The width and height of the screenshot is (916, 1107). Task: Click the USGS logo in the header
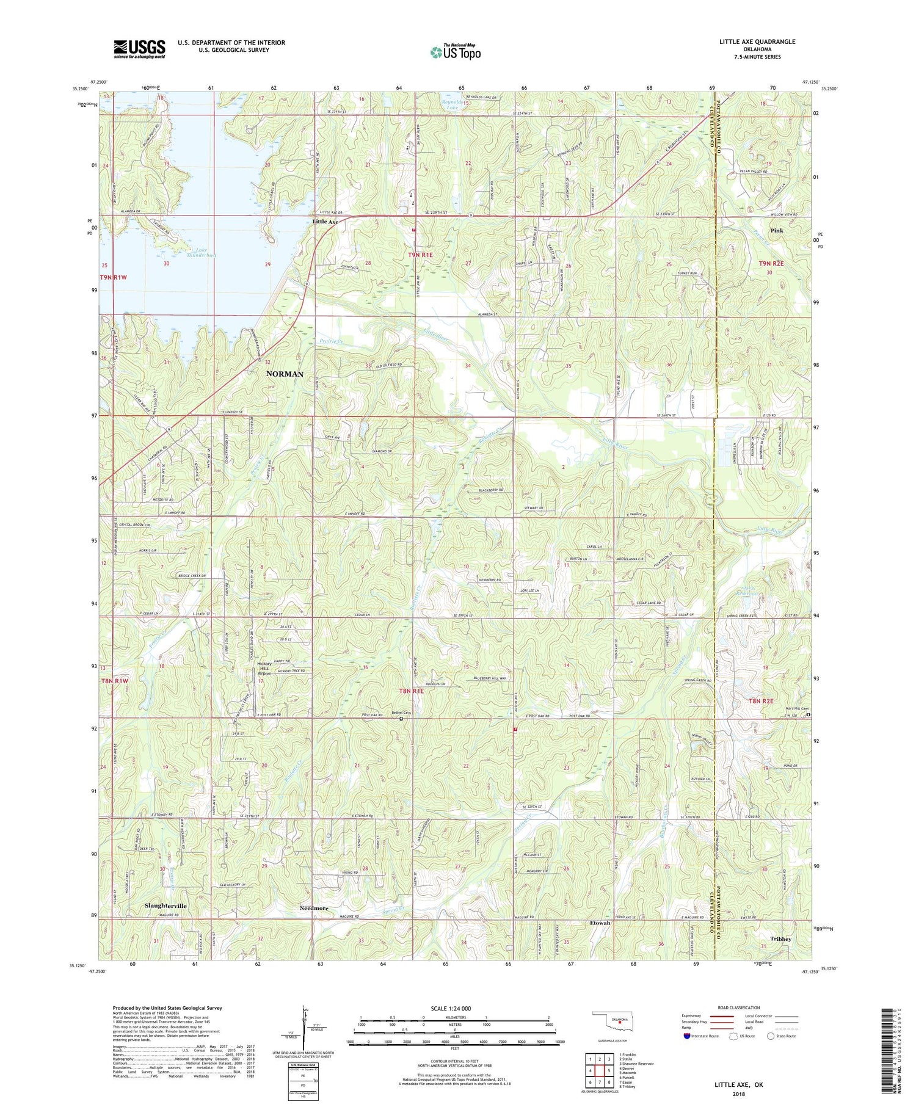tap(139, 49)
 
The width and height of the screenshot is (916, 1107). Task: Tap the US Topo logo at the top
tap(455, 53)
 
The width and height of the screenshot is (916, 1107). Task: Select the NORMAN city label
tap(285, 374)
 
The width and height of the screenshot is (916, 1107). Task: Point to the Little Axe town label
tap(325, 222)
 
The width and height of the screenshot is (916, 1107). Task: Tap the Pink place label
tap(776, 231)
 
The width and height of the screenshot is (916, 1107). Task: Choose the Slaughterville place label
tap(166, 906)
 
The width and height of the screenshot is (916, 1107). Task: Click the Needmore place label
tap(314, 908)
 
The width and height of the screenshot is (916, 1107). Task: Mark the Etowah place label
tap(601, 923)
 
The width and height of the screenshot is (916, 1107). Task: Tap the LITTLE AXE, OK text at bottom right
tap(739, 1085)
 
